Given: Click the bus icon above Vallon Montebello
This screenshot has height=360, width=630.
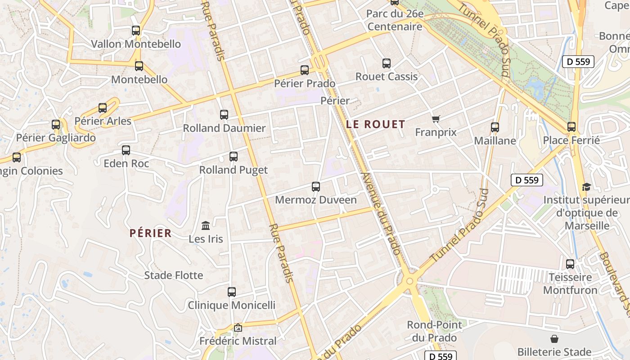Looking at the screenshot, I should point(136,31).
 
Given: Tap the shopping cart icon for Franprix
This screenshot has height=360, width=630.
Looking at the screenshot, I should point(436,119).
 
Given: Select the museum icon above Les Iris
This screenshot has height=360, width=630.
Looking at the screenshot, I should point(206,225).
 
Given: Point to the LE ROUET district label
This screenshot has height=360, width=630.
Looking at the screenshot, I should point(376,125).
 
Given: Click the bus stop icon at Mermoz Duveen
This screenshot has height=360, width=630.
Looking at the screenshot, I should point(316,186).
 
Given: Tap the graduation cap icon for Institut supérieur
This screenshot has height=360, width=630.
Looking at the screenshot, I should point(586,186).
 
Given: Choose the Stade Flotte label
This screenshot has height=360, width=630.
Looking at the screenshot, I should point(174,275).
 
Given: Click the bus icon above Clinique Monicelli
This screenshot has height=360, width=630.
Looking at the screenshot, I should point(232,292).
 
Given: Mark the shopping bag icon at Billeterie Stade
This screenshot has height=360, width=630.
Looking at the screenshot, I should point(554,339).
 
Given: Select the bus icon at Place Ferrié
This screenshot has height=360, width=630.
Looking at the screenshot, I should point(571,127).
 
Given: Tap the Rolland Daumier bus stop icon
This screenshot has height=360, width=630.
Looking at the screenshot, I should point(224,115).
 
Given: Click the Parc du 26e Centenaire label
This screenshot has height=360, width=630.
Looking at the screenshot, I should point(395,20).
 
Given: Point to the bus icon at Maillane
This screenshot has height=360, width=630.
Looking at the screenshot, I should point(495,127).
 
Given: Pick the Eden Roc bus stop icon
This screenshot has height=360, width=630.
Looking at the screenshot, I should point(126,150).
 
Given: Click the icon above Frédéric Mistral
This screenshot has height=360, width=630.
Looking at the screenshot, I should point(238,328).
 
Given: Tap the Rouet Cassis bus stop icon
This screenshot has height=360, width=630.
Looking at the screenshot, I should point(387,63).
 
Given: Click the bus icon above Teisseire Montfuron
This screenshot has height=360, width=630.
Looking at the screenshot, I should point(570,264).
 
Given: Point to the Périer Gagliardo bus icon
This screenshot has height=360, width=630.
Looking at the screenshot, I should point(56,125).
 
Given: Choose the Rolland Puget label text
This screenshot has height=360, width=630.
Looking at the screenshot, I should point(234,170).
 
